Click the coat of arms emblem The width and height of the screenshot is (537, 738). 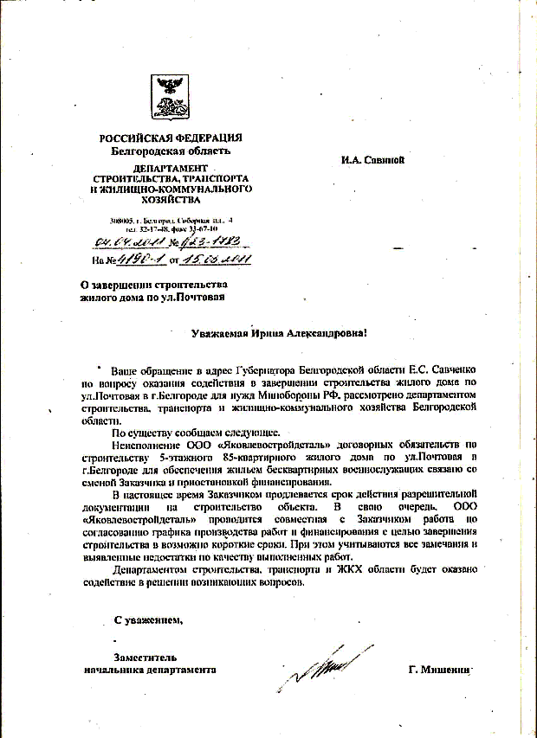pos(170,96)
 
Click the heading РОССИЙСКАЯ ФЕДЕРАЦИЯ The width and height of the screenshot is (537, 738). pos(171,138)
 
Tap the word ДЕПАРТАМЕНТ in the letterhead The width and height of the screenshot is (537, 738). pos(171,167)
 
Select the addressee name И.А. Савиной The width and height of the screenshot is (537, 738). pos(373,158)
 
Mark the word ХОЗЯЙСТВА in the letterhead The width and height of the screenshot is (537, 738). pos(171,198)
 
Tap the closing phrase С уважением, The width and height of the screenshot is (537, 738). pos(148,619)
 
